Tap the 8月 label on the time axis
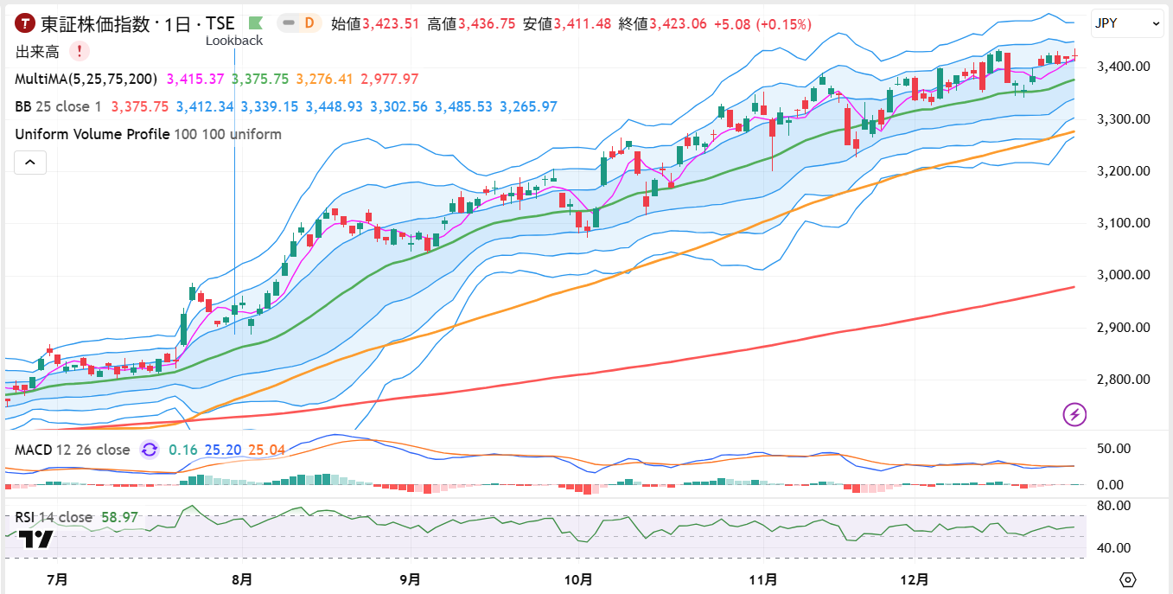[x=243, y=578]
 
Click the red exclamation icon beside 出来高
[x=79, y=52]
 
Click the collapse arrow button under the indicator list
[x=30, y=162]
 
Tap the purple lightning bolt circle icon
[x=1074, y=415]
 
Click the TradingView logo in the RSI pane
[x=35, y=540]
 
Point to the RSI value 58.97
[x=119, y=517]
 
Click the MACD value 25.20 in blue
[x=222, y=450]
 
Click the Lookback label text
[x=234, y=41]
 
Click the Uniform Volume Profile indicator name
[x=92, y=134]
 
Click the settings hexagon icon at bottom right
[x=1127, y=578]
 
